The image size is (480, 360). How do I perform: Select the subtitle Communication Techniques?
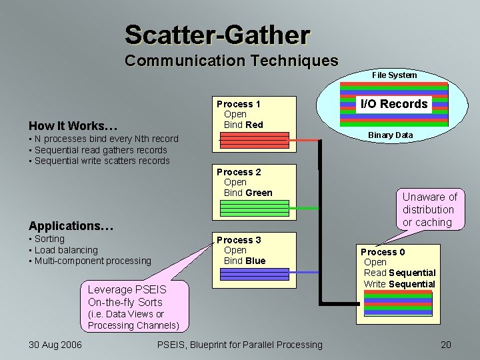tap(231, 61)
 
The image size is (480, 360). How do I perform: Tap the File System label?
tap(394, 75)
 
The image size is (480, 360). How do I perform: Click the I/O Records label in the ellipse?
tap(394, 104)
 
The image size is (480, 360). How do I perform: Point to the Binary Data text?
tap(390, 135)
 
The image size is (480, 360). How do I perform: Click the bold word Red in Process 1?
tap(254, 125)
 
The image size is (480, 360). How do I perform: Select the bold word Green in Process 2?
tap(259, 193)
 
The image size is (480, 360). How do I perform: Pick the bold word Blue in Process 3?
tap(255, 261)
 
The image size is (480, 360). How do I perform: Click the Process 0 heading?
tap(383, 252)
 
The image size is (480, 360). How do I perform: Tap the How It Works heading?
tap(73, 126)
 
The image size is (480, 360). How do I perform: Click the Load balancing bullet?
tap(66, 250)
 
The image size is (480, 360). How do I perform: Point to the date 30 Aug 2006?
tap(55, 345)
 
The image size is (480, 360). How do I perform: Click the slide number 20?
tap(445, 345)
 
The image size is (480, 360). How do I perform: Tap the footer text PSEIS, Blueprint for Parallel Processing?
tap(239, 345)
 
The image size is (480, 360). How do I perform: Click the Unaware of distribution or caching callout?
tap(429, 209)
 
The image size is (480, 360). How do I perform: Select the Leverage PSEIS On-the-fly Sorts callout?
tap(127, 296)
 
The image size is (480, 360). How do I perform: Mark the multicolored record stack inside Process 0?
tap(398, 303)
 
